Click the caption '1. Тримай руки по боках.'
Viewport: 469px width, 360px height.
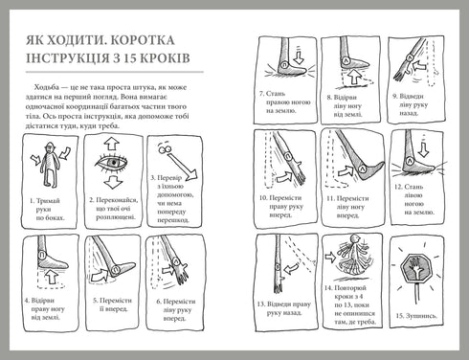(49, 205)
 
